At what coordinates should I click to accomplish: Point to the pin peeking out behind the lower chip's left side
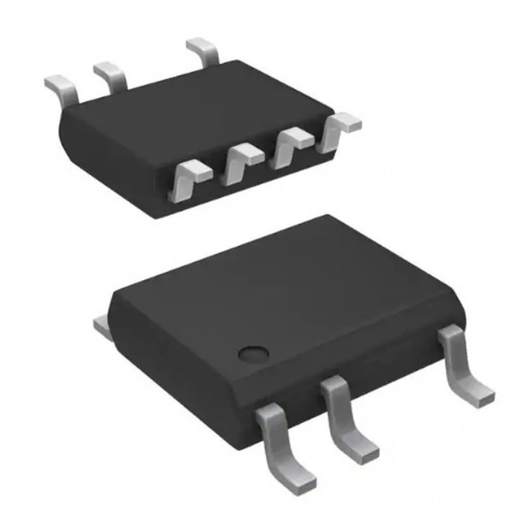pos(101,324)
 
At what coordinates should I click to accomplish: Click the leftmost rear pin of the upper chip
pos(61,88)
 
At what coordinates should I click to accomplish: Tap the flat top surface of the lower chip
pos(279,287)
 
